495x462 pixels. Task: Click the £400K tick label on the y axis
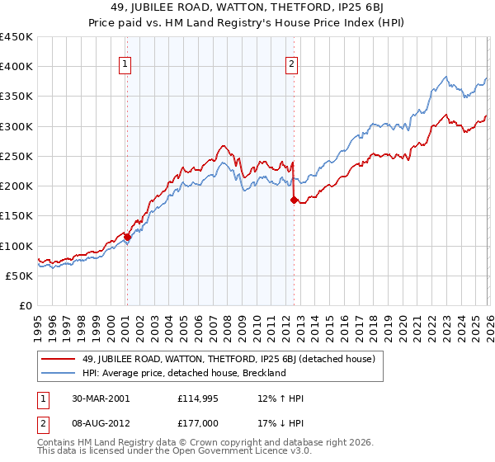16,67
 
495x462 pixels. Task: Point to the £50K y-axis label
20,276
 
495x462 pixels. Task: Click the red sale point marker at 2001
127,237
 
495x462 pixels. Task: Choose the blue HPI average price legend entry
183,373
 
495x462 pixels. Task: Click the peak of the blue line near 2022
445,78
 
